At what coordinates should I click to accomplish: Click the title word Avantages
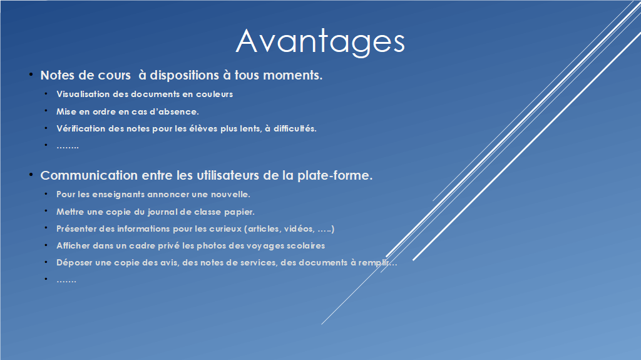pyautogui.click(x=320, y=41)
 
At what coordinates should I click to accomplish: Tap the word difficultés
pyautogui.click(x=295, y=128)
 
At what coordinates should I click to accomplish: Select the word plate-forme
pyautogui.click(x=335, y=175)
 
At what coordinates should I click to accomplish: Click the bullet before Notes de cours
pyautogui.click(x=31, y=75)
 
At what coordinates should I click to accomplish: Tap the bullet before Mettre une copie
pyautogui.click(x=46, y=211)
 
